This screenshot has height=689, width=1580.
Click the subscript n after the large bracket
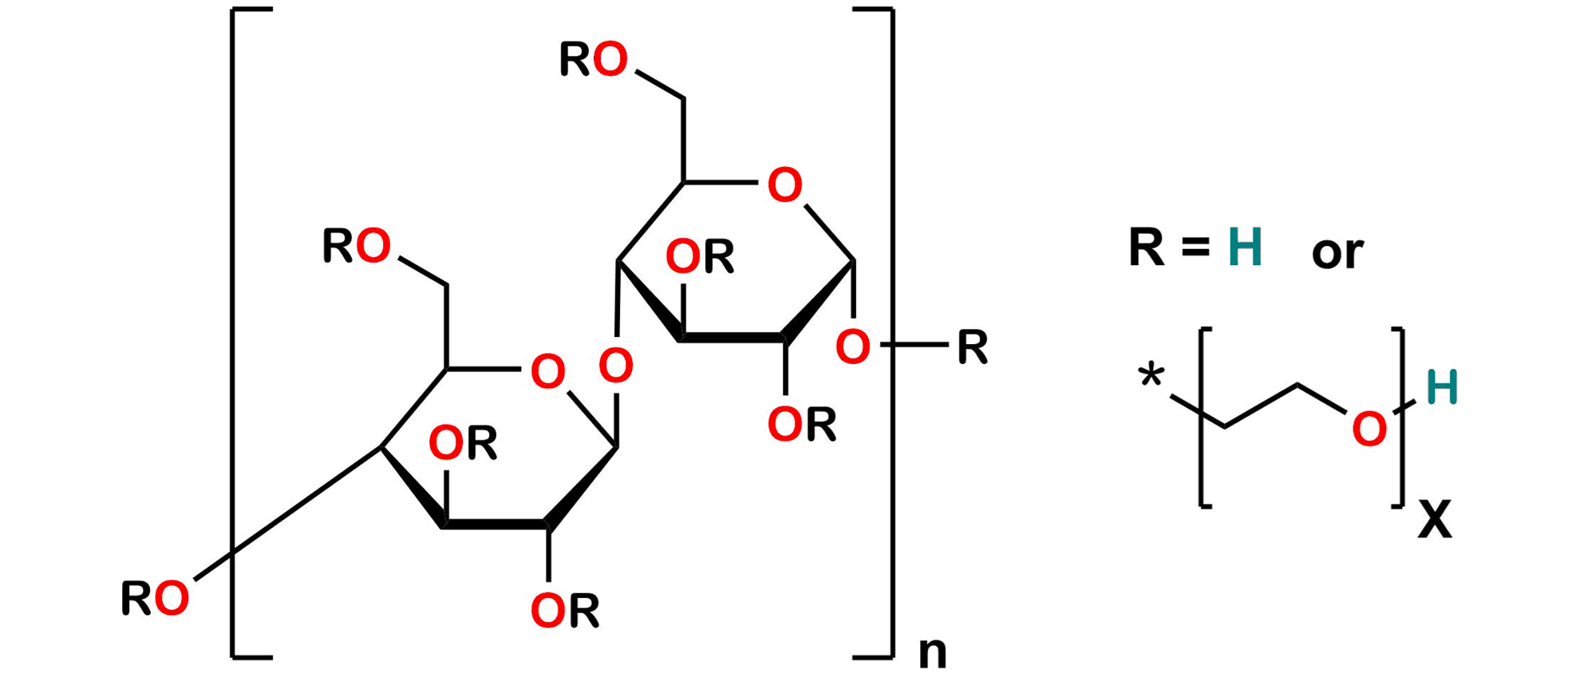[933, 653]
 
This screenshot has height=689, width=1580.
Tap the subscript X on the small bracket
[1436, 519]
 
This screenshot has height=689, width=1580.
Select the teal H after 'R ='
[1246, 247]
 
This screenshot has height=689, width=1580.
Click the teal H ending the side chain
[1442, 387]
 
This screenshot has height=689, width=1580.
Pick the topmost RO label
[594, 60]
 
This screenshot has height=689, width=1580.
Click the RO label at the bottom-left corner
[156, 599]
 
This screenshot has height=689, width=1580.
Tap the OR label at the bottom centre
[566, 611]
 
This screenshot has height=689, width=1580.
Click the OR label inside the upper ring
[700, 257]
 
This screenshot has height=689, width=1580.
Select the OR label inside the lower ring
[464, 443]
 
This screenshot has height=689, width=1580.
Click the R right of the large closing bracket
[973, 347]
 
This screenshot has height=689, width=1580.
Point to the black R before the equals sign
[1147, 247]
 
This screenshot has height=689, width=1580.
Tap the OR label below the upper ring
[802, 424]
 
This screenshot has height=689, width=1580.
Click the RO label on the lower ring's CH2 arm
[357, 246]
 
